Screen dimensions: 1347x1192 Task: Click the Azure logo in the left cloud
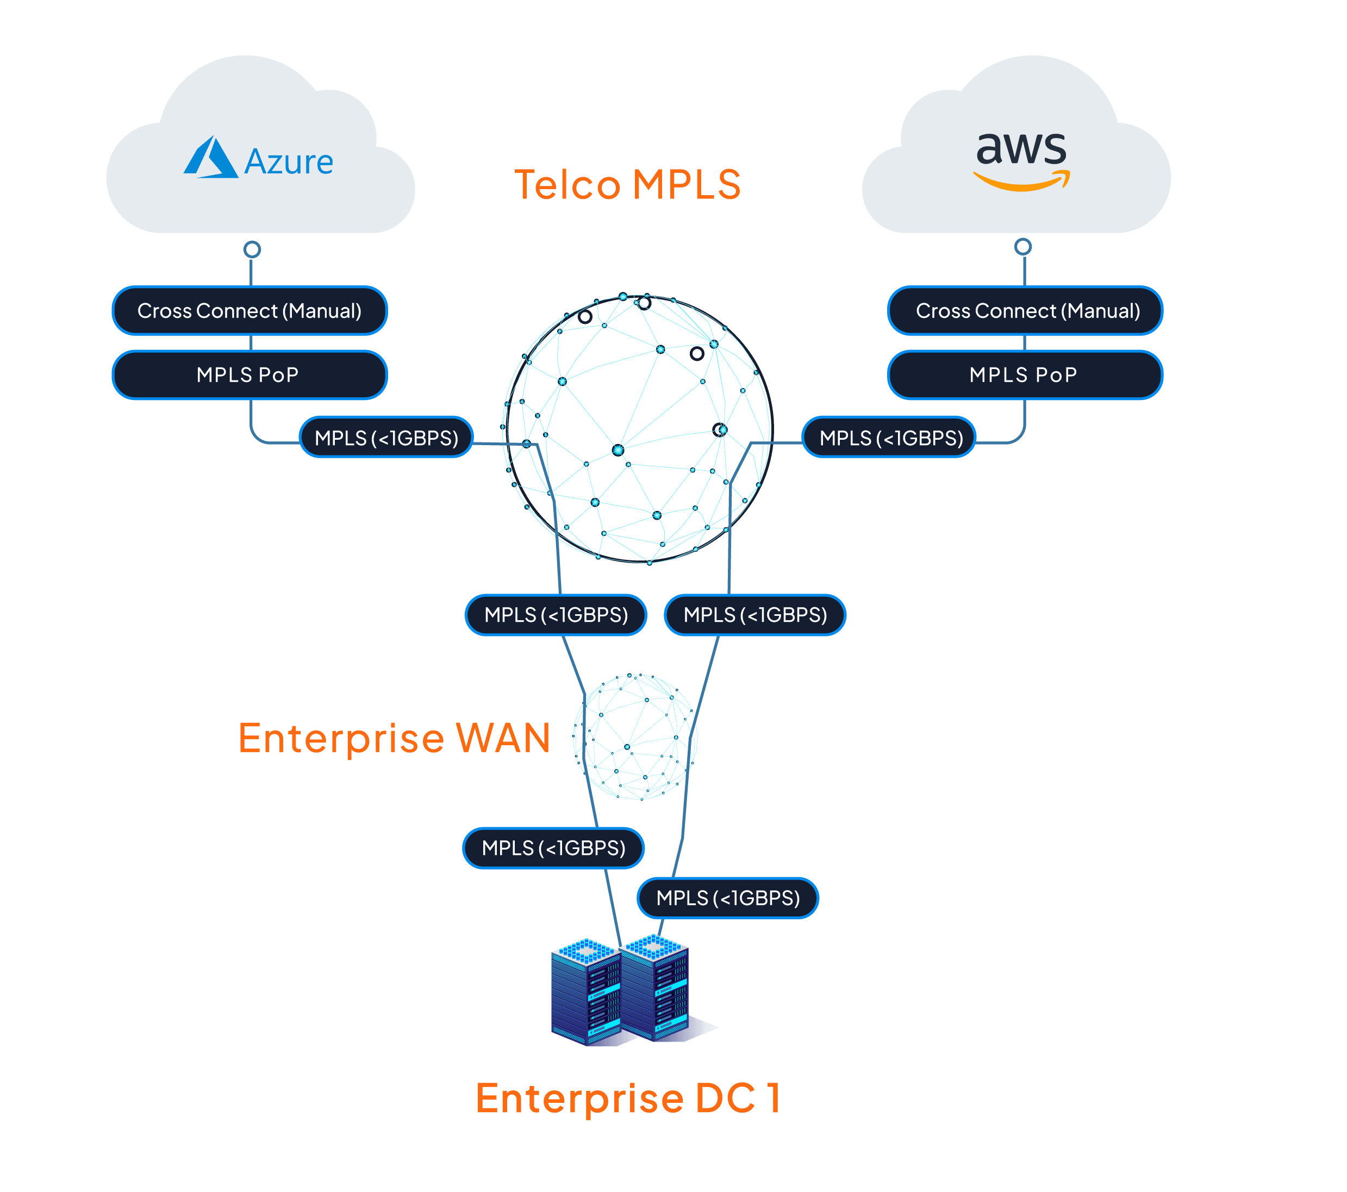tap(211, 158)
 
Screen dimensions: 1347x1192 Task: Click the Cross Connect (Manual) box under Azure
tap(249, 310)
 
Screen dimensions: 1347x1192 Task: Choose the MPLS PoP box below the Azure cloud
tap(249, 375)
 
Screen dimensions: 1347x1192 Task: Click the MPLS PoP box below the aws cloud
tap(1025, 375)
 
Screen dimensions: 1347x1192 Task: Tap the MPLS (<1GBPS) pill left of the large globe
tap(386, 438)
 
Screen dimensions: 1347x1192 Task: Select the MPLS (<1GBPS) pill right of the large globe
tap(889, 438)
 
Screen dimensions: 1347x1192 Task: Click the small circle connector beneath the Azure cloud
tap(252, 249)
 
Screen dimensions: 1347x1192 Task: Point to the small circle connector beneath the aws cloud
tap(1023, 247)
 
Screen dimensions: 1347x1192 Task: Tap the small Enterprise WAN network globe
tap(634, 737)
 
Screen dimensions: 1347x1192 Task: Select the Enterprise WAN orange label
tap(394, 738)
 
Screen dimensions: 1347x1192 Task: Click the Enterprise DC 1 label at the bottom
tap(628, 1099)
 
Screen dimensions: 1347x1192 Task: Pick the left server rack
tap(584, 991)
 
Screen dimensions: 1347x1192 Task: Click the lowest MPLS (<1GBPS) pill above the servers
tap(727, 897)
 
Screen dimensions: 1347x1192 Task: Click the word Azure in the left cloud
tap(289, 162)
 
